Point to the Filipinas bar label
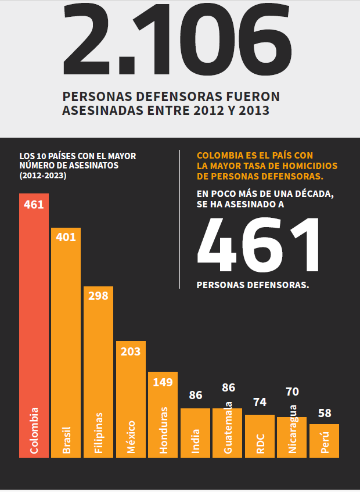coord(98,433)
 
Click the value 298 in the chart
coord(98,296)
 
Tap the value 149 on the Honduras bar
coord(163,382)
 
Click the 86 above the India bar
coord(196,396)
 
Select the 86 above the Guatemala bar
coord(228,387)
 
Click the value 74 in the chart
coord(260,402)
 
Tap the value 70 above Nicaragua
coord(293,392)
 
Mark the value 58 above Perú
coord(325,414)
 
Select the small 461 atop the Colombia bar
coord(34,204)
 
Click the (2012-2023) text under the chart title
coord(42,175)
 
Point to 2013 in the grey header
coord(253,110)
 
